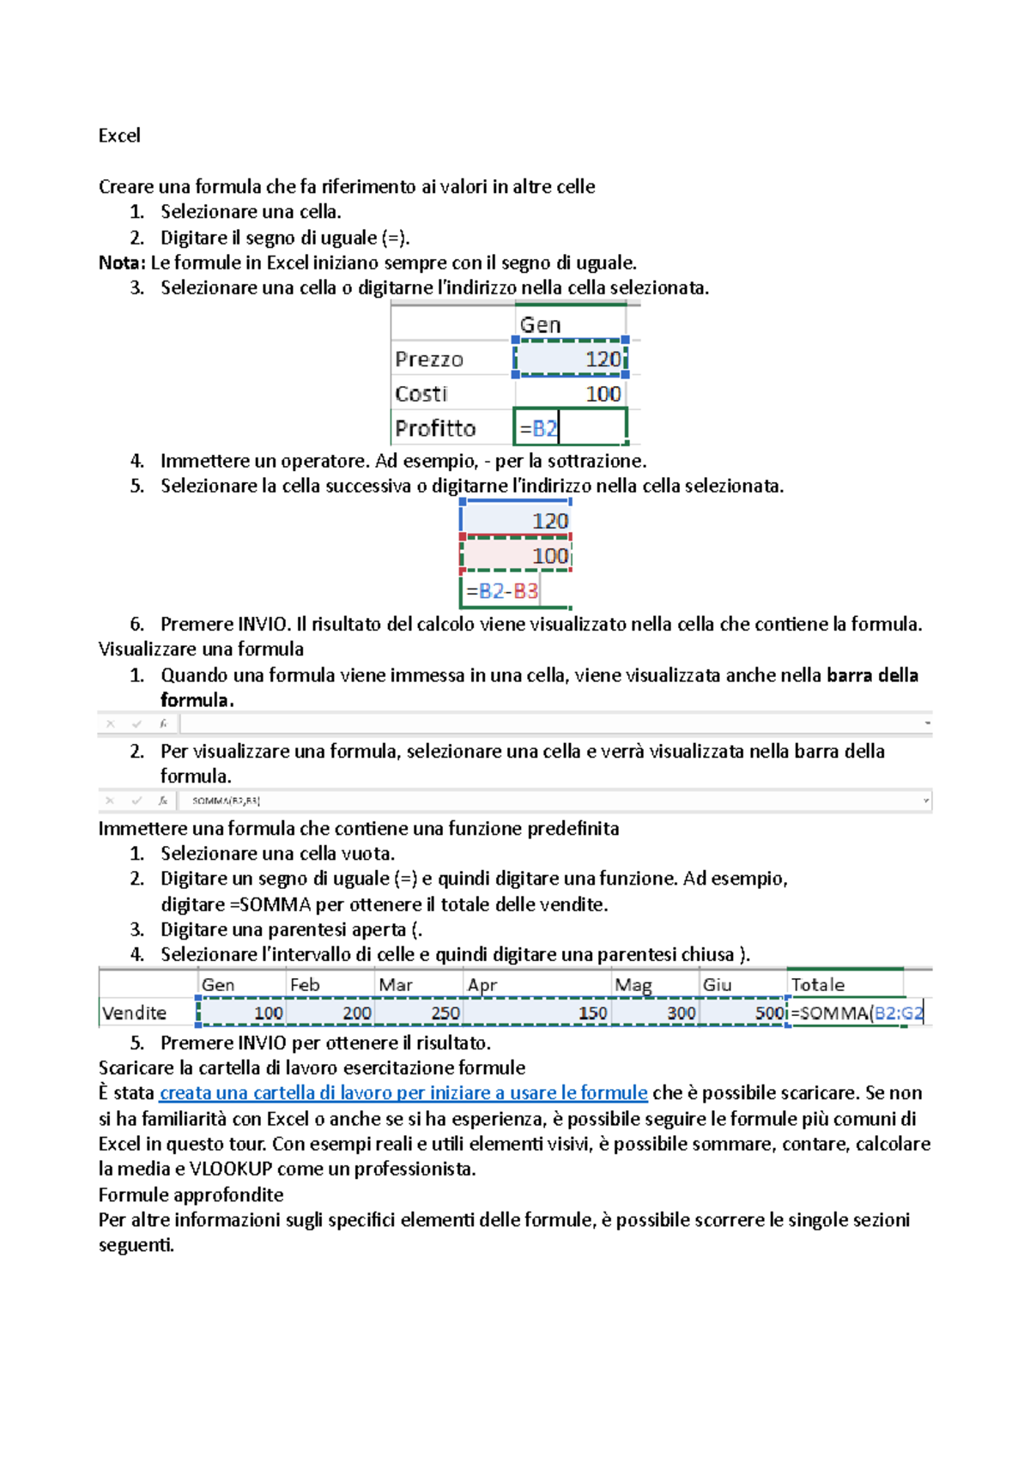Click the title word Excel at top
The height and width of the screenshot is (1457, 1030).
point(119,136)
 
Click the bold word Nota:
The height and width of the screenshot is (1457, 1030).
point(122,263)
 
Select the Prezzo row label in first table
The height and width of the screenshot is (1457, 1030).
point(429,360)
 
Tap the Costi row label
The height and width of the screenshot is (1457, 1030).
point(421,394)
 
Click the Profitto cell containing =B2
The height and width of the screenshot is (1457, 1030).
point(569,427)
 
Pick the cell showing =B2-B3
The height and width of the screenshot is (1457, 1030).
point(502,590)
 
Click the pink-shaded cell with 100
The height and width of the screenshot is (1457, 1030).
point(516,555)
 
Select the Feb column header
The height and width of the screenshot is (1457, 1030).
point(305,985)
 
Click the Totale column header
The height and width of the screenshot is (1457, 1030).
point(818,985)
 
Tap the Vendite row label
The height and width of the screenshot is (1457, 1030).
point(134,1013)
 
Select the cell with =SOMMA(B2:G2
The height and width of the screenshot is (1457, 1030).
point(856,1013)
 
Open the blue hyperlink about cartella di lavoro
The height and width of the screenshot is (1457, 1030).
point(403,1093)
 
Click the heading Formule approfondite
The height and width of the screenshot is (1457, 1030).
point(191,1194)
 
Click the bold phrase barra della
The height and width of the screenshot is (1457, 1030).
point(872,675)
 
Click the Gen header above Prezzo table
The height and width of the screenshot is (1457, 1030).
point(541,325)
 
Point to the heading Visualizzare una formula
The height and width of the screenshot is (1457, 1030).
point(201,650)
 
